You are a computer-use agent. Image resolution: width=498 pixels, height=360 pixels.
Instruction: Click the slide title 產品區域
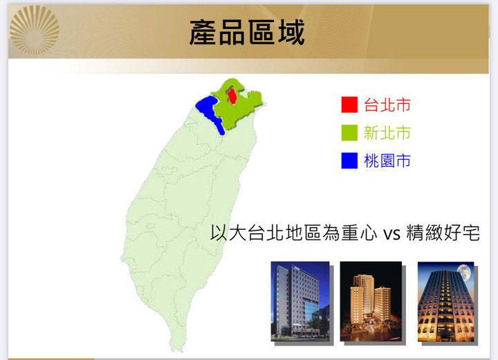coord(247,33)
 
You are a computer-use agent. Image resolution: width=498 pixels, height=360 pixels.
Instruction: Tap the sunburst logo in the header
coord(35,30)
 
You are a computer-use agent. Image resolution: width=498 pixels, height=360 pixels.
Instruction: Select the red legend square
coord(349,105)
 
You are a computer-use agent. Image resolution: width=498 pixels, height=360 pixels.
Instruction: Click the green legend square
coord(349,133)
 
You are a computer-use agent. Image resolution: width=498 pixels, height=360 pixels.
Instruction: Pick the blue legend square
coord(349,161)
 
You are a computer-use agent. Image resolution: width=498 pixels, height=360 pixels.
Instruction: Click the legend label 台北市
coord(387,105)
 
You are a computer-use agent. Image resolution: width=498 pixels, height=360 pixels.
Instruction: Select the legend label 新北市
coord(387,133)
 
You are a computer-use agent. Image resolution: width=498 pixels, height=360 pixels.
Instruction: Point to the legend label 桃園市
coord(387,161)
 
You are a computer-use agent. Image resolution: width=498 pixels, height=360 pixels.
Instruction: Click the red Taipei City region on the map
coord(232,96)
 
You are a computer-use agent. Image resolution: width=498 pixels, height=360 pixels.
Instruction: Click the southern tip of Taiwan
coord(176,349)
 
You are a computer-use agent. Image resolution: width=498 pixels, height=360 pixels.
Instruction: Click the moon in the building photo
coord(464,273)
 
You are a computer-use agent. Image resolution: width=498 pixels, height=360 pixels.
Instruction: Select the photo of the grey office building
coord(300,301)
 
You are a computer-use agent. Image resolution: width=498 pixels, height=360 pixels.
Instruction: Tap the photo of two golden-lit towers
coord(371,301)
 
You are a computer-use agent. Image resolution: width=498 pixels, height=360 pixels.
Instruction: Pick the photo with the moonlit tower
coord(446,301)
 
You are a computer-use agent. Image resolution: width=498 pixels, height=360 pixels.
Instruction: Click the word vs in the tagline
coord(391,234)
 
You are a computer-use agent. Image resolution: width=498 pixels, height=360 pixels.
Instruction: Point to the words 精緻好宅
coord(443,233)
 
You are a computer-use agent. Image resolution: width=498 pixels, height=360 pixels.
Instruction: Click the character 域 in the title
coord(291,33)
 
